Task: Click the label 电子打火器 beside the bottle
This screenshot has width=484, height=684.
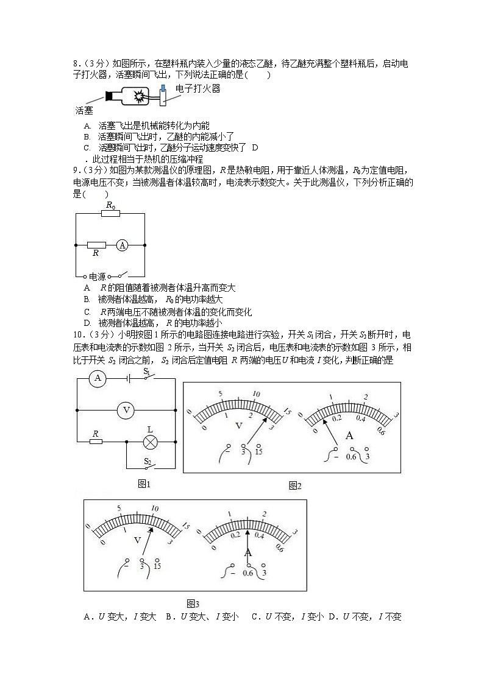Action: (x=198, y=89)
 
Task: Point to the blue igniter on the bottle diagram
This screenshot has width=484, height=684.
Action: (x=163, y=90)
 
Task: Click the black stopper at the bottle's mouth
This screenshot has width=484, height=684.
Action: (x=111, y=96)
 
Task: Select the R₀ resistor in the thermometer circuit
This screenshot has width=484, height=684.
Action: (x=110, y=213)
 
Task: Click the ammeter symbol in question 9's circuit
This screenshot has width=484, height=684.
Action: (x=123, y=245)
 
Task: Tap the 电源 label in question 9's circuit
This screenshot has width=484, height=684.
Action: (x=98, y=276)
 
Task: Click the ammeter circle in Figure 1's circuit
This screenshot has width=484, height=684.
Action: (x=96, y=379)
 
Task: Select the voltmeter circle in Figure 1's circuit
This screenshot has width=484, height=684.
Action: (x=126, y=410)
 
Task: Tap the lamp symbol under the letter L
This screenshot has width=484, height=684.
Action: (x=150, y=442)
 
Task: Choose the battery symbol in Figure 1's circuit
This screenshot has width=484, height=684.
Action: (x=129, y=379)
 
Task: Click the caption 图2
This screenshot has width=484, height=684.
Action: (x=295, y=485)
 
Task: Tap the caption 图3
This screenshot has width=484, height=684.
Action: (x=193, y=604)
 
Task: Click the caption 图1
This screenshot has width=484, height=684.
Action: (x=144, y=484)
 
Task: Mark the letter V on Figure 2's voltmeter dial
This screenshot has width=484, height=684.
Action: (x=238, y=425)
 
